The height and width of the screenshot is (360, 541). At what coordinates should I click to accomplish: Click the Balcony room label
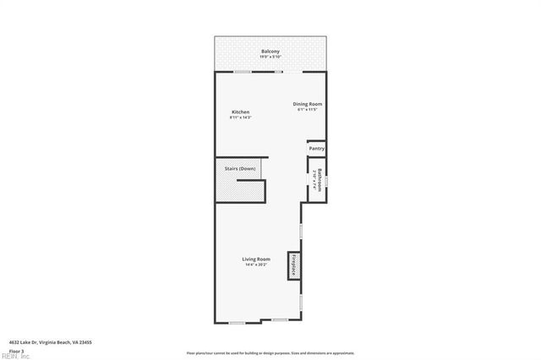coord(270,52)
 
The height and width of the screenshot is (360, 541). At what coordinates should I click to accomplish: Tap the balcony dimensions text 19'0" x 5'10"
coord(270,57)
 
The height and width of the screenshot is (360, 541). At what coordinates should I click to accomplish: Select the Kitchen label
coord(240,112)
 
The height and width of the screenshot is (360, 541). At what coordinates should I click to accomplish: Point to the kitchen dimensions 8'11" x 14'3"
coord(240,117)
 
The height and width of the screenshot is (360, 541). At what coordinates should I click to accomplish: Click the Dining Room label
coord(308,104)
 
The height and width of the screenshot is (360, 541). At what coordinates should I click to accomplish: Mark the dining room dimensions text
coord(308,110)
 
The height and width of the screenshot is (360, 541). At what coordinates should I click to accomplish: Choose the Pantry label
coord(316,149)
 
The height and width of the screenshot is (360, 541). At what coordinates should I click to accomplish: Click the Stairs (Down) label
coord(240,169)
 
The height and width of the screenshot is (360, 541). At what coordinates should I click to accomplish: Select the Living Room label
coord(256,259)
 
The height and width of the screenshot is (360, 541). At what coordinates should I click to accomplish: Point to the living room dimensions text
coord(256,265)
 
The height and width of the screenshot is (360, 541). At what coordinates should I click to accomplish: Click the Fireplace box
coord(293,265)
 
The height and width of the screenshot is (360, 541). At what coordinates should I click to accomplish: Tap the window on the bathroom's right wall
coord(327,181)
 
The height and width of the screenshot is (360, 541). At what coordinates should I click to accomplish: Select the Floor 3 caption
coord(16,350)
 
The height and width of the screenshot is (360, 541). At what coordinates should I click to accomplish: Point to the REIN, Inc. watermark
coord(14,356)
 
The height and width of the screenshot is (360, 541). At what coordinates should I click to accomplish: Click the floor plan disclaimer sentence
coord(270,353)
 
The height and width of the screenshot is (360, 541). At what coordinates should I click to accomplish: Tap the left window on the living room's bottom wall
coord(238,322)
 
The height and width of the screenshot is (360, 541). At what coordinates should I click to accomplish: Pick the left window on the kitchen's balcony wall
coord(243,72)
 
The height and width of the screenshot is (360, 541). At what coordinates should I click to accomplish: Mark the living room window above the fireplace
coord(300,229)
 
